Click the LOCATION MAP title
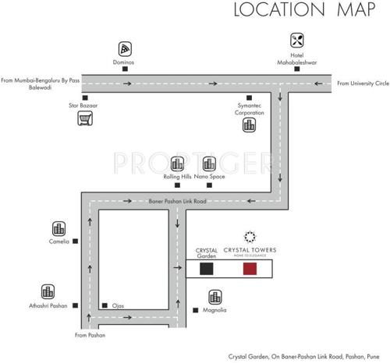point(300,11)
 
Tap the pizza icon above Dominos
point(125,47)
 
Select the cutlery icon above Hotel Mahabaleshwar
point(296,41)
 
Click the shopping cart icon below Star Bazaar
point(83,118)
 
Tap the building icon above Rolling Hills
point(177,164)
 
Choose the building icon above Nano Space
point(208,164)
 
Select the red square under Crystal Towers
point(250,269)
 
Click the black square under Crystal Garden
point(206,269)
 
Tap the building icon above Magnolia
point(214,297)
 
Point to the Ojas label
point(119,305)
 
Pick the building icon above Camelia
point(58,228)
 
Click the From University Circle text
point(362,82)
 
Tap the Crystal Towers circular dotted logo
point(250,237)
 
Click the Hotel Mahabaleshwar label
point(296,60)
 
